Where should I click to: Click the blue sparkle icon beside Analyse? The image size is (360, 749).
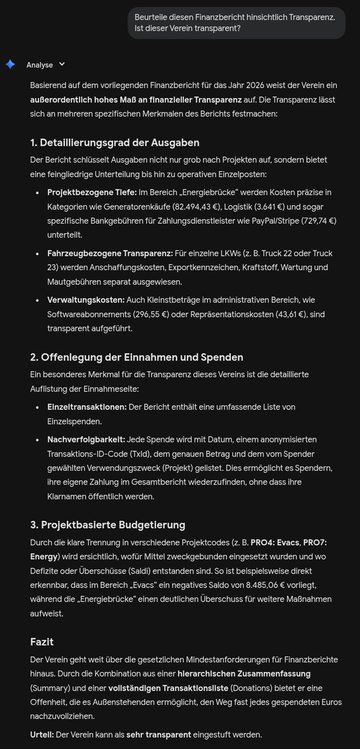[x=10, y=64]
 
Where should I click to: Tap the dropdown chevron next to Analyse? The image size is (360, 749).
[x=62, y=64]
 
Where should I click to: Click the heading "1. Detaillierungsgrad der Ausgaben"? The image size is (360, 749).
[x=114, y=142]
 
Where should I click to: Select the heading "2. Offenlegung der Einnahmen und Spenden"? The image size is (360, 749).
[x=136, y=357]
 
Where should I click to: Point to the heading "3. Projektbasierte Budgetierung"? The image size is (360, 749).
[x=107, y=524]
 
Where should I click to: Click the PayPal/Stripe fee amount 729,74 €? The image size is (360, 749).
[x=315, y=221]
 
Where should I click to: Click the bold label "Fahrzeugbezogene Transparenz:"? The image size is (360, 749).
[x=110, y=254]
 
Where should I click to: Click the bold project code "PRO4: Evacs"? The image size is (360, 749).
[x=276, y=542]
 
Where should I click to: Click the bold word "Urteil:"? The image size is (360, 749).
[x=42, y=734]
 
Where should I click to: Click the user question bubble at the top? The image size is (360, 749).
[x=236, y=22]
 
